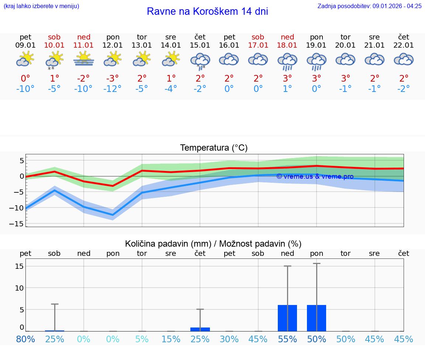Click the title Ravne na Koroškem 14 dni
point(207,11)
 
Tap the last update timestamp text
point(369,6)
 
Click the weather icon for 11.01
point(84,59)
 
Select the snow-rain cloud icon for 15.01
point(200,61)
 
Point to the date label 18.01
point(287,45)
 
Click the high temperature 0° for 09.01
point(25,78)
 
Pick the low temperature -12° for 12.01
point(113,89)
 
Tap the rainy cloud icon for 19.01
point(317,61)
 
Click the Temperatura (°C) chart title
point(214,148)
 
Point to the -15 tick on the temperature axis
point(19,224)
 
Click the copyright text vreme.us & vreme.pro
point(315,176)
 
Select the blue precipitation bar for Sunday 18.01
point(287,318)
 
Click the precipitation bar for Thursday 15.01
point(200,329)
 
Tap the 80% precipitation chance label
point(25,339)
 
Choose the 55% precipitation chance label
point(287,339)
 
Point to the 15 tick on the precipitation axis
point(20,266)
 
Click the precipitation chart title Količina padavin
point(213,244)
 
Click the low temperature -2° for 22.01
point(404,89)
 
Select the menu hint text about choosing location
point(41,6)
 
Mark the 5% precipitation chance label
point(142,339)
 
